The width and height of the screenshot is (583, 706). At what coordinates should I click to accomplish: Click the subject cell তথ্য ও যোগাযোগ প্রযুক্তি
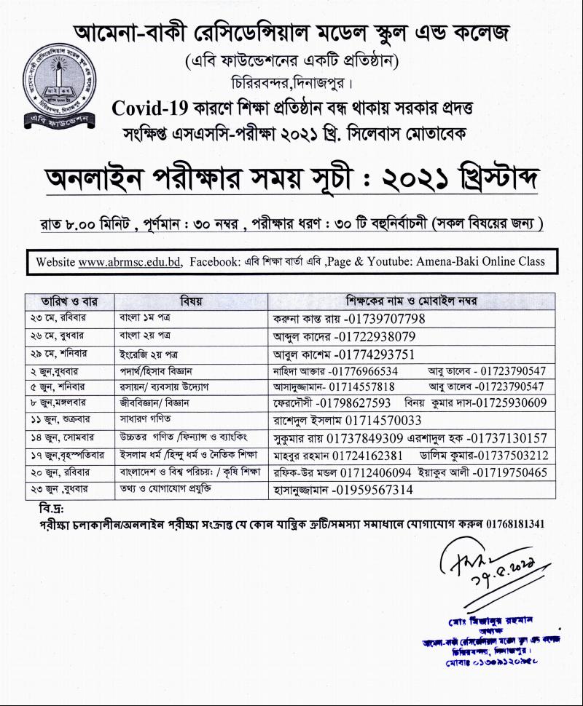point(166,490)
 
